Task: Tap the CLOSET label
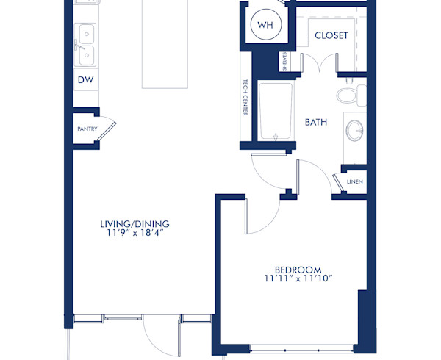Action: coord(331,35)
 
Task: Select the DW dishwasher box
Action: coord(85,79)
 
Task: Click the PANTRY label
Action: coord(87,129)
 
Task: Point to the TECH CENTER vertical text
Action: coord(245,98)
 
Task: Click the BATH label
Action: coord(316,122)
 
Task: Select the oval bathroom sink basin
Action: coord(355,132)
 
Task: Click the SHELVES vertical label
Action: coord(284,62)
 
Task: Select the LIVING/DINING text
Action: coord(135,223)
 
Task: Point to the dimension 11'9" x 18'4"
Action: coord(135,234)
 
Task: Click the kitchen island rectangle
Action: coord(165,44)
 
